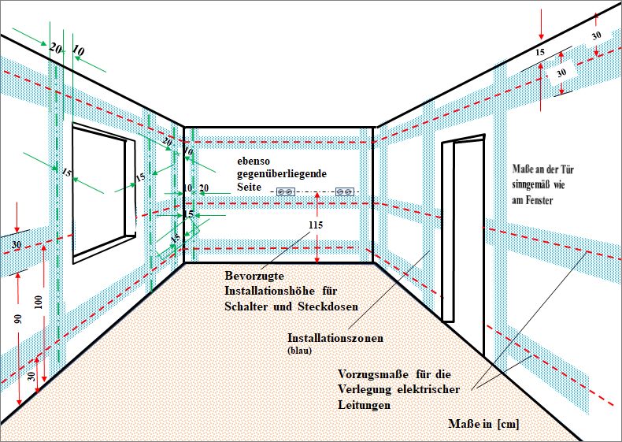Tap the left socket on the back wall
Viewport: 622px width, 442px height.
click(286, 192)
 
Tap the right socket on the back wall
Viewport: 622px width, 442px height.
click(345, 192)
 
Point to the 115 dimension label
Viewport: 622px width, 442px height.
click(316, 225)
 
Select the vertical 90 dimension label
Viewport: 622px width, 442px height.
click(18, 319)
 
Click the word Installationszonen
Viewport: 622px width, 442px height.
click(335, 338)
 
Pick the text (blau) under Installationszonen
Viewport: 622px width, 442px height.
click(299, 351)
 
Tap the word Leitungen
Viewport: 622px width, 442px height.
click(365, 405)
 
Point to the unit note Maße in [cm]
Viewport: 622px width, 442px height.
click(483, 424)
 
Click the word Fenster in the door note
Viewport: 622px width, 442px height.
click(539, 200)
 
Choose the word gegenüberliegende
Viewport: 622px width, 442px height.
click(282, 174)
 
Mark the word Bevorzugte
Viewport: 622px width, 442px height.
click(254, 276)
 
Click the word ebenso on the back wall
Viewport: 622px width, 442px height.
click(254, 162)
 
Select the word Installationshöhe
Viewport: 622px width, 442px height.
click(270, 291)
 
